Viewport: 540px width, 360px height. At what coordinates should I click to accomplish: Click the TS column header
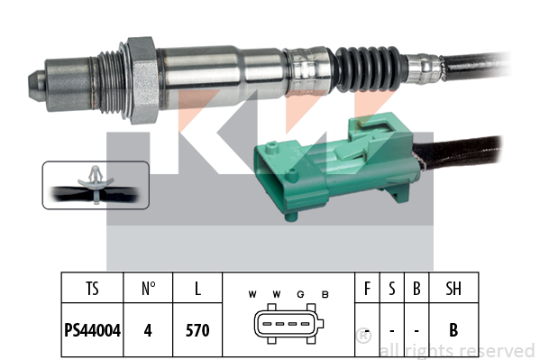pyautogui.click(x=92, y=289)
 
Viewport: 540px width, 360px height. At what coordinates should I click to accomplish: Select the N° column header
pyautogui.click(x=148, y=289)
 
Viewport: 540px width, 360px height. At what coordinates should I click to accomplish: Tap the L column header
pyautogui.click(x=197, y=289)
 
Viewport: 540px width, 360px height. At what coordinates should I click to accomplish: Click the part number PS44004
pyautogui.click(x=93, y=330)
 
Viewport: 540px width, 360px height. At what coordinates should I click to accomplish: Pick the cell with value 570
pyautogui.click(x=197, y=330)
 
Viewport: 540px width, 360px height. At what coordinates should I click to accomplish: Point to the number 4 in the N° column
pyautogui.click(x=148, y=330)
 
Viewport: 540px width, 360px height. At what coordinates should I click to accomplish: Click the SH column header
pyautogui.click(x=453, y=289)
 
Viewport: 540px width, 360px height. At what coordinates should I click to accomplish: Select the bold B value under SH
pyautogui.click(x=453, y=330)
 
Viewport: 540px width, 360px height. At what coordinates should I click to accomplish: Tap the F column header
pyautogui.click(x=367, y=289)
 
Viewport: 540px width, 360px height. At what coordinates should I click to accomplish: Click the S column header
pyautogui.click(x=392, y=289)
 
